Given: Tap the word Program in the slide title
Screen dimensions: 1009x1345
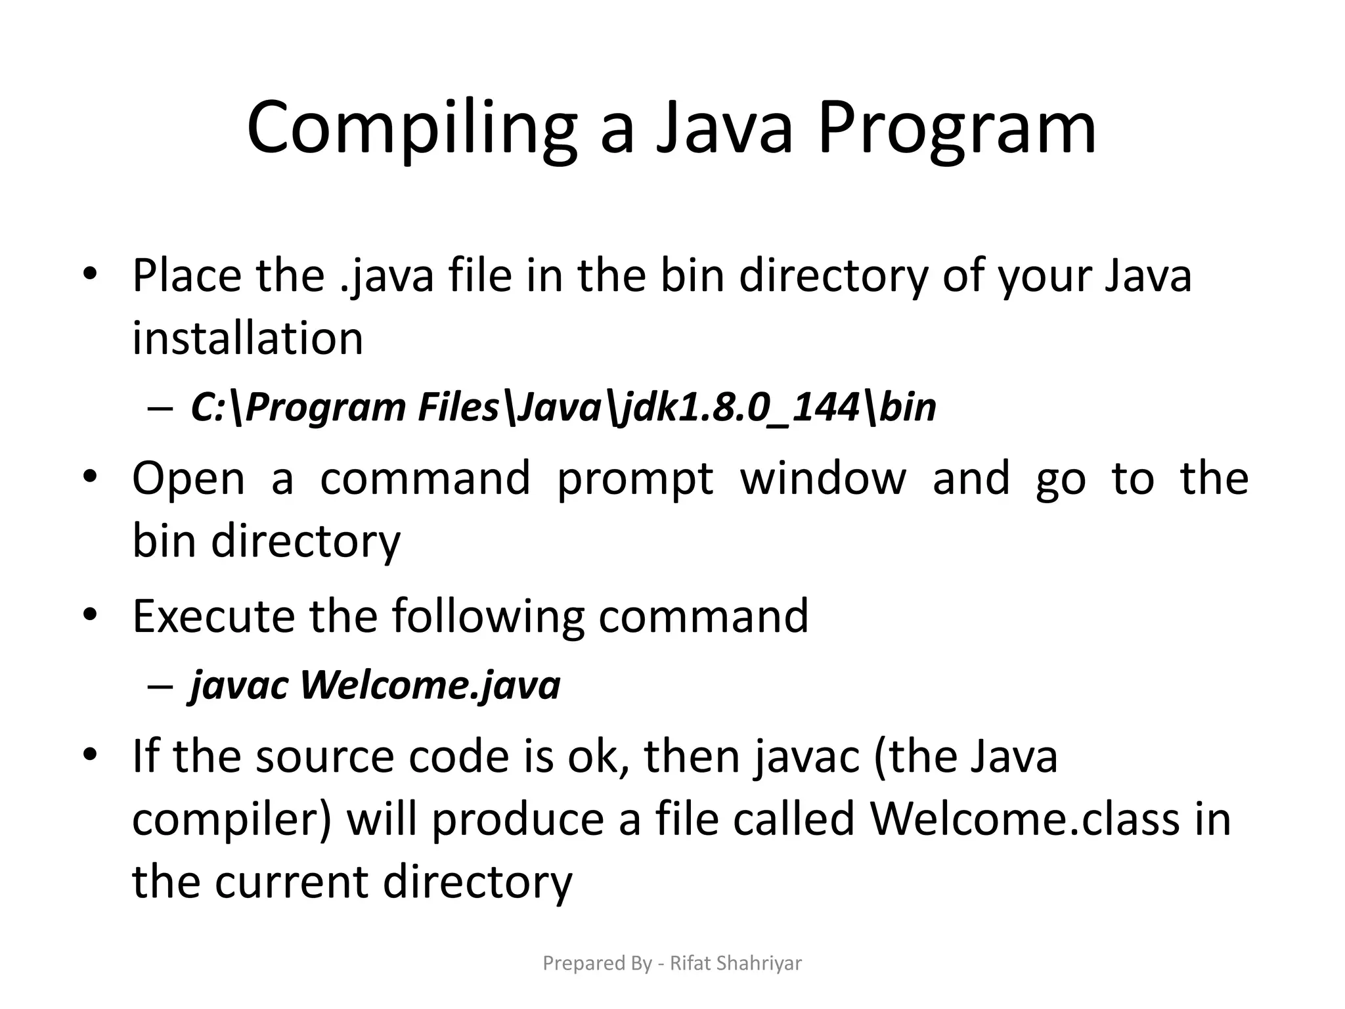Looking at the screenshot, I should coord(957,128).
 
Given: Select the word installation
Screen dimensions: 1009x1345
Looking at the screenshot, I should coord(248,338).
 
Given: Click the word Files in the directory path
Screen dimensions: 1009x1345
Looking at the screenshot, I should coord(459,407).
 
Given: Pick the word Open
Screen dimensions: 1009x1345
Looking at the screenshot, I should coord(188,478).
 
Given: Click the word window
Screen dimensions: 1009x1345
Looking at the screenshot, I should coord(823,478).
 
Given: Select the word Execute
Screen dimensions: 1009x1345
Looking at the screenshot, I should coord(213,616).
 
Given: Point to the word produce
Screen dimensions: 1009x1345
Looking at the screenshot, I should coord(518,820).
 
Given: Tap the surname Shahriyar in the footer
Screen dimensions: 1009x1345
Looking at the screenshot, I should coord(759,964).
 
